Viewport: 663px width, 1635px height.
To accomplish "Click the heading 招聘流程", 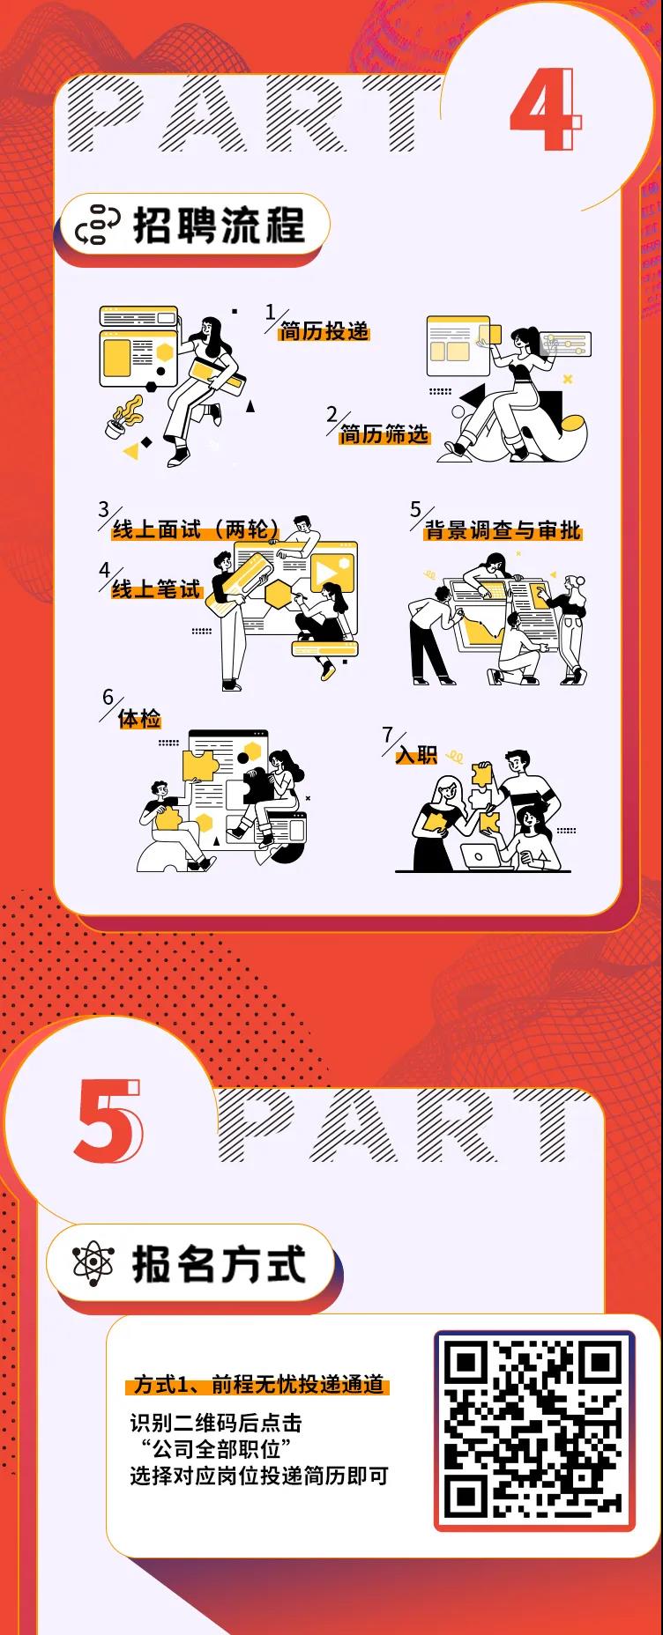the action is point(219,226).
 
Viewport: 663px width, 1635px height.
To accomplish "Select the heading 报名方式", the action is point(219,1264).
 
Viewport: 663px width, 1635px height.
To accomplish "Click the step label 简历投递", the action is point(324,331).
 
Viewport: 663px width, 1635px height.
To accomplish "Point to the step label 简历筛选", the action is point(384,434).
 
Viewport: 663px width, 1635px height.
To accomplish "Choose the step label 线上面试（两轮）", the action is point(196,529).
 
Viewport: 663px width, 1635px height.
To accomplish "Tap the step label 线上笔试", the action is point(157,588).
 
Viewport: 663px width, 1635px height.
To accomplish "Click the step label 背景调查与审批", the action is point(503,530).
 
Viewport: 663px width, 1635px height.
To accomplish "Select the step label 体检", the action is point(140,719).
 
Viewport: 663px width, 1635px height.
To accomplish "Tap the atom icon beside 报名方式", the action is point(92,1265).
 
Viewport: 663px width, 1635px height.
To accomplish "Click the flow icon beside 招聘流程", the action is point(92,226).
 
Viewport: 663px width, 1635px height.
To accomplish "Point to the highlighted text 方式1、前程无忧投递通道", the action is point(259,1386).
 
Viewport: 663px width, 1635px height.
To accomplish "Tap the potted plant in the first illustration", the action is point(122,418).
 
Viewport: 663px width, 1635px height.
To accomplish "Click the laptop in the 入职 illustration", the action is point(482,855).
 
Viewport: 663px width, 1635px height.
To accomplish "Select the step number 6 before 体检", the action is point(108,698).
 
